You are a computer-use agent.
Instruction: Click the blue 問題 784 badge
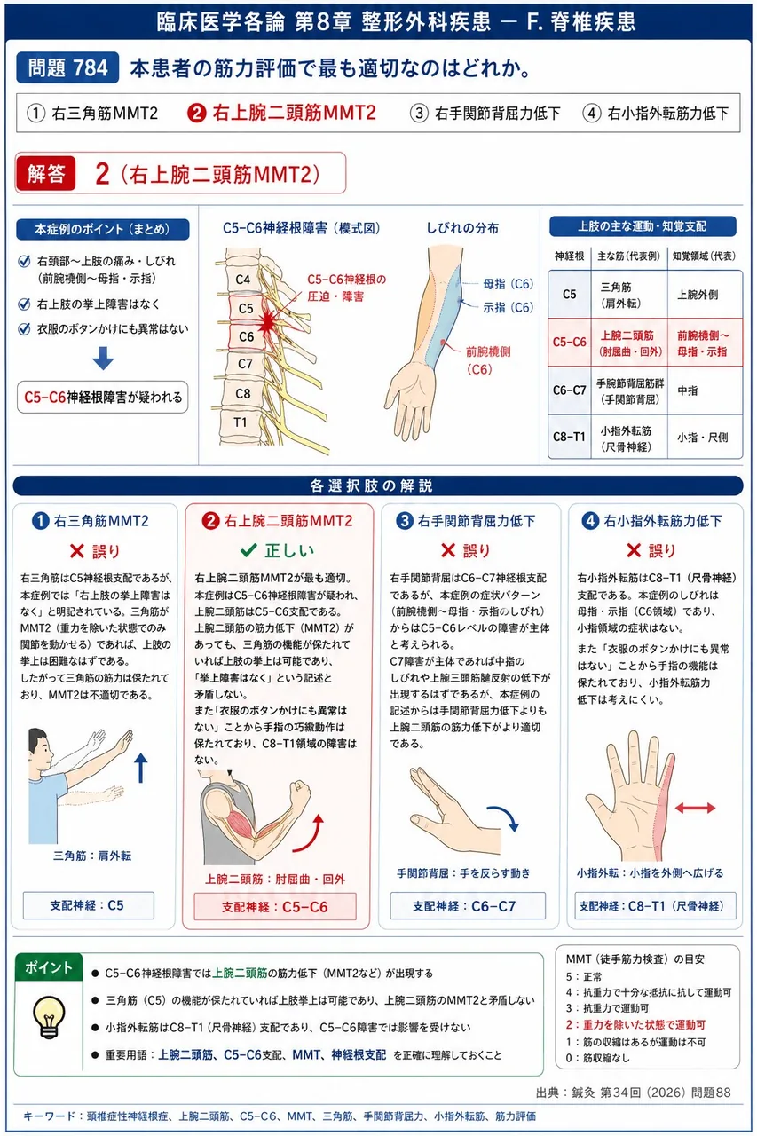point(67,67)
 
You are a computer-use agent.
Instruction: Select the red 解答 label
point(46,173)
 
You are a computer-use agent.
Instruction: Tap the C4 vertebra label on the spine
point(243,280)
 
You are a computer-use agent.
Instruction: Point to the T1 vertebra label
point(241,422)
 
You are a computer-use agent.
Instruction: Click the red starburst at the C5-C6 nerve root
point(267,321)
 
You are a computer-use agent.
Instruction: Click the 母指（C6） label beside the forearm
point(508,284)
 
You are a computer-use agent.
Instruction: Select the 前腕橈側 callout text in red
point(488,351)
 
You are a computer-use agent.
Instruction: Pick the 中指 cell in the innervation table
point(688,391)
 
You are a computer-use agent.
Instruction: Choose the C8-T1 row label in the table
point(569,437)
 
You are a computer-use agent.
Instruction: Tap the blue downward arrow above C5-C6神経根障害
point(103,358)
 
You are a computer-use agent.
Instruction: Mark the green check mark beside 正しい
point(248,550)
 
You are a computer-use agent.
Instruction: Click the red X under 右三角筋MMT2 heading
point(76,551)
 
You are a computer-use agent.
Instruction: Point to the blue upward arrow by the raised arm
point(140,768)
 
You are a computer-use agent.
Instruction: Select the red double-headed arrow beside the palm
point(695,808)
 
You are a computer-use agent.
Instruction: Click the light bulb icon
point(49,1016)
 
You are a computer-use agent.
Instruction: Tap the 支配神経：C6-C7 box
point(468,906)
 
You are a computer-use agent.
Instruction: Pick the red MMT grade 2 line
point(635,1025)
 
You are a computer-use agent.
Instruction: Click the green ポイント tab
point(49,967)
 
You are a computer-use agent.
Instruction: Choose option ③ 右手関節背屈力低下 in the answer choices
point(485,113)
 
